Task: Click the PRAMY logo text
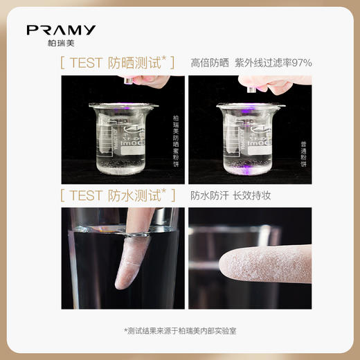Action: click(61, 30)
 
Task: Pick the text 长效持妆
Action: click(251, 195)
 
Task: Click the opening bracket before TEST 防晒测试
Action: click(63, 63)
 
